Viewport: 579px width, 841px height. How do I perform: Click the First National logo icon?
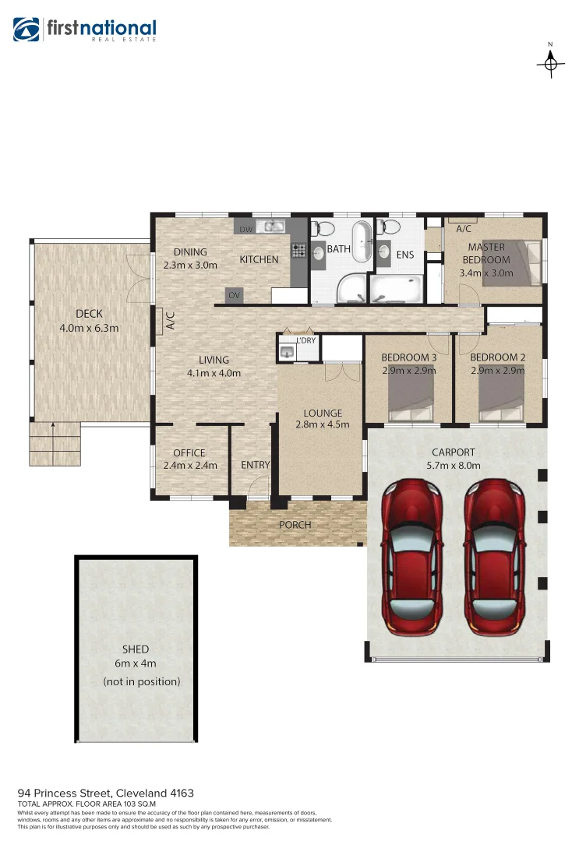[x=26, y=30]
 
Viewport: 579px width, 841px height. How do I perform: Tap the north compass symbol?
[x=551, y=63]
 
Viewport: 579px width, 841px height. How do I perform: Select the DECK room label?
[x=89, y=314]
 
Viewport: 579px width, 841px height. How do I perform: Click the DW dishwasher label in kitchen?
[x=245, y=229]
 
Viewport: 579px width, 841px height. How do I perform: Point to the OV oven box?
[x=234, y=295]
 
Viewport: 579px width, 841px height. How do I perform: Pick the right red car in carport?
[x=495, y=557]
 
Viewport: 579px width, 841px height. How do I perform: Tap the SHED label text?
[x=136, y=649]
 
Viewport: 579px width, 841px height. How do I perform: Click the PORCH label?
[x=295, y=525]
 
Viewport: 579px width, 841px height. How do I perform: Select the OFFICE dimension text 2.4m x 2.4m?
[x=189, y=466]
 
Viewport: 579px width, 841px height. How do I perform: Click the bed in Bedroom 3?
[x=410, y=400]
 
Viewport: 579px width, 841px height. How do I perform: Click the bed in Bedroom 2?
[x=500, y=400]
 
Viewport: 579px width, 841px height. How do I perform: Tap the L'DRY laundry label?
[x=305, y=340]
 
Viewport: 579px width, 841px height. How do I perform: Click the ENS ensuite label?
[x=405, y=254]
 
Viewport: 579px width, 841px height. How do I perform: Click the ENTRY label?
[x=255, y=465]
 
